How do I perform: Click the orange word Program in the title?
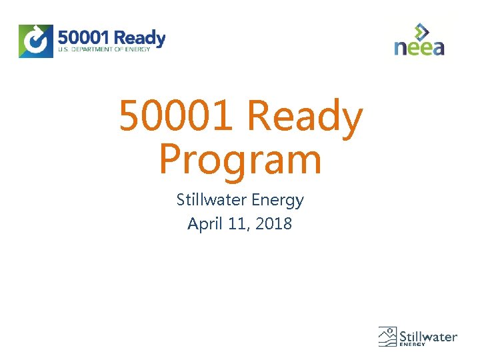tap(240, 161)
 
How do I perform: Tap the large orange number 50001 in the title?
tap(176, 116)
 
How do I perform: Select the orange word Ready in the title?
tap(304, 117)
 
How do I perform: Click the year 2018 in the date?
tap(273, 223)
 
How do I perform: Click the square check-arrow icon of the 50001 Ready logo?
tap(36, 41)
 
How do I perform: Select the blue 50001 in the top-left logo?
tap(84, 37)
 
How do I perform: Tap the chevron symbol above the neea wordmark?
tap(421, 31)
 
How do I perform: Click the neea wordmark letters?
tap(419, 47)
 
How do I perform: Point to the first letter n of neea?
tap(400, 47)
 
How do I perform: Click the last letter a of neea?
tap(437, 47)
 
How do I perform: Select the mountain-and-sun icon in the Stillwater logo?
tap(387, 337)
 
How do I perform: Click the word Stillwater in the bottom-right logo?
tap(428, 335)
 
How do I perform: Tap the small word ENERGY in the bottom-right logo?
tap(413, 345)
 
